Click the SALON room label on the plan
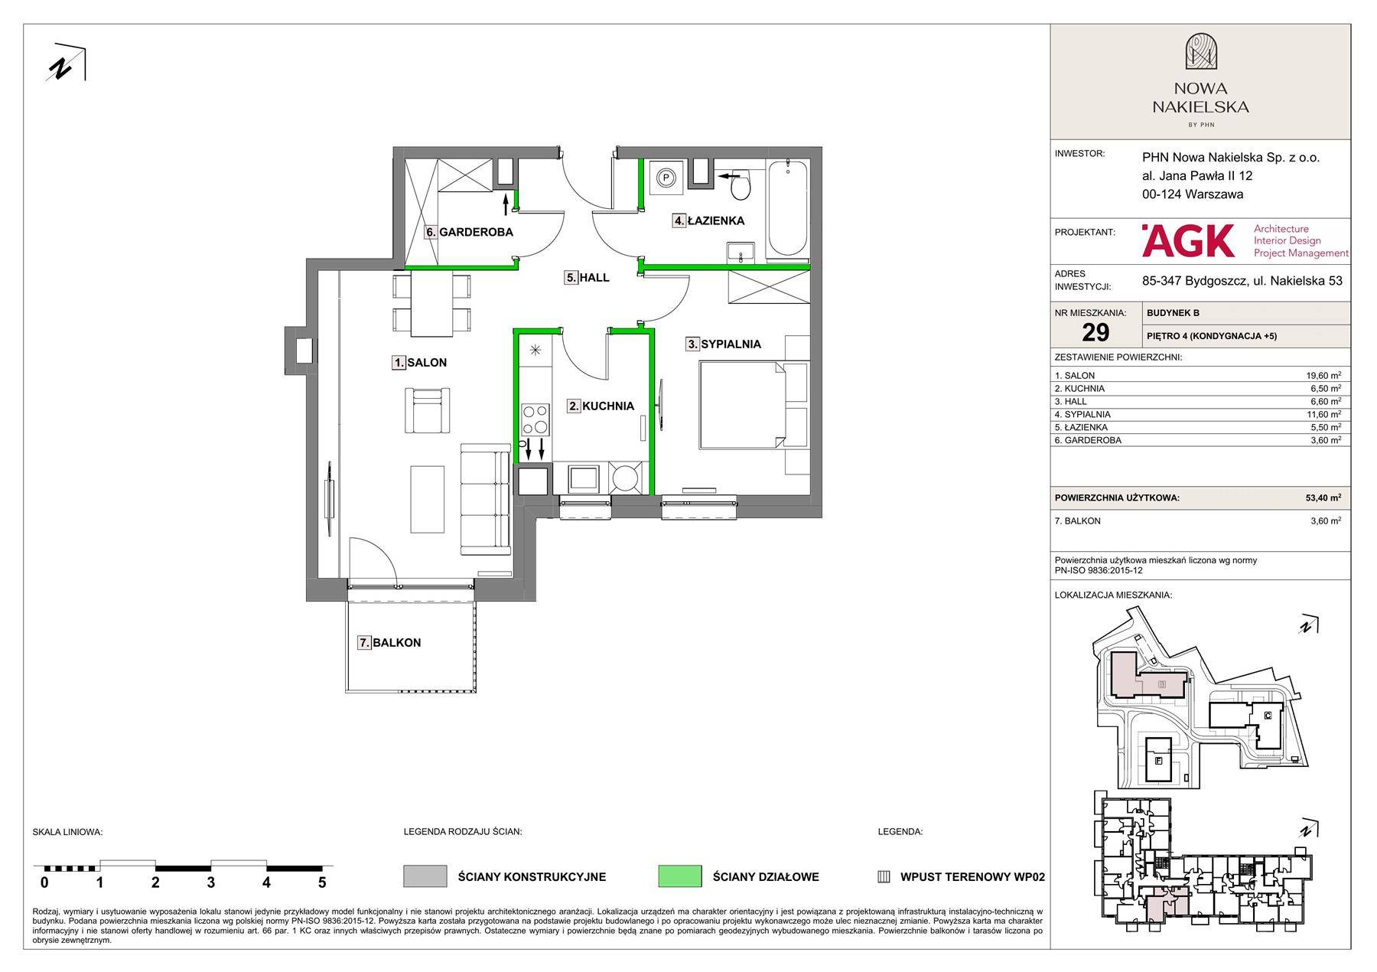[x=427, y=363]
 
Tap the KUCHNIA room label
[x=608, y=406]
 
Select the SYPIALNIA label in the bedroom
[x=731, y=344]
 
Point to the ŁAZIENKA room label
[x=716, y=221]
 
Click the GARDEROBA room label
[x=476, y=232]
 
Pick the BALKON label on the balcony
[x=396, y=643]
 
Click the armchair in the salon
[x=428, y=409]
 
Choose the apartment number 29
[x=1095, y=332]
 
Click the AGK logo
[x=1188, y=240]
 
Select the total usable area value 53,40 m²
[x=1323, y=497]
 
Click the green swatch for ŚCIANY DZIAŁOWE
[x=679, y=876]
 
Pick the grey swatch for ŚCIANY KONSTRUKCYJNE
[x=425, y=876]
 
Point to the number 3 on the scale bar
[x=210, y=882]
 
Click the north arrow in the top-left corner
[x=66, y=63]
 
